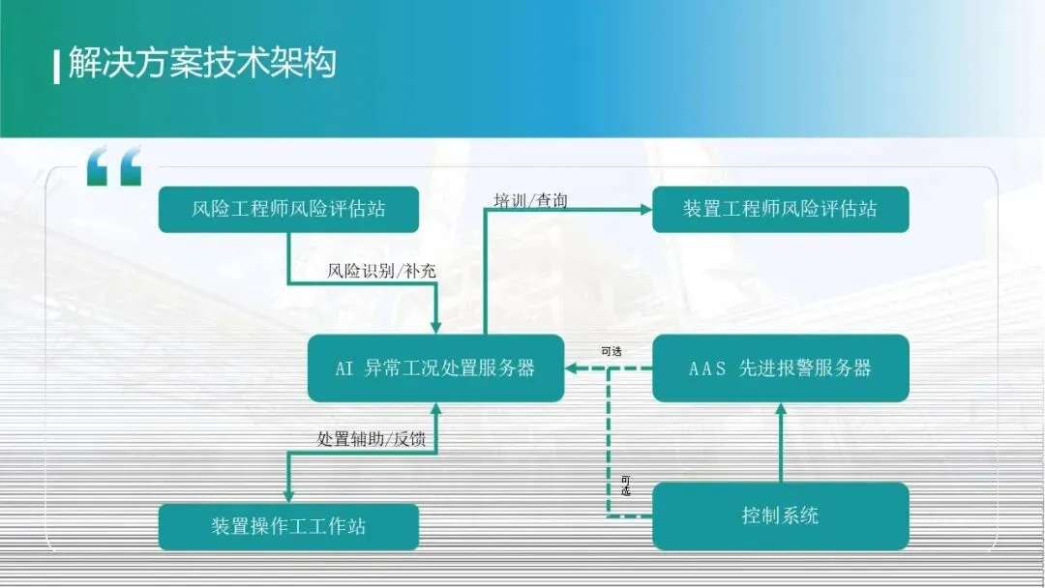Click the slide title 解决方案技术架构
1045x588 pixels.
[201, 63]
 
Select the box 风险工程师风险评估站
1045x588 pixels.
[288, 209]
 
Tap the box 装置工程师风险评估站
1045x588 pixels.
[780, 209]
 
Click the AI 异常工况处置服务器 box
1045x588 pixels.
[435, 367]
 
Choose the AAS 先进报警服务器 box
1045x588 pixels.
[780, 367]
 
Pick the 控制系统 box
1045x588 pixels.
[780, 515]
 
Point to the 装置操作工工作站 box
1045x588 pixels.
[288, 527]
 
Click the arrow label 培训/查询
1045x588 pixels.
[530, 200]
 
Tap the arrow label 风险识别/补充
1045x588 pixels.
[381, 272]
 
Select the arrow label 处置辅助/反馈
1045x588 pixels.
[377, 438]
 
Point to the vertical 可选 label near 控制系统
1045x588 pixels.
[625, 485]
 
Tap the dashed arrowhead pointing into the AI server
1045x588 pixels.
[573, 367]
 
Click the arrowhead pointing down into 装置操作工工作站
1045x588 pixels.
[287, 494]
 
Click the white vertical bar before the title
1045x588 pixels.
[57, 65]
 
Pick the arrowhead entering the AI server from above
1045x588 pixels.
[435, 327]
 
